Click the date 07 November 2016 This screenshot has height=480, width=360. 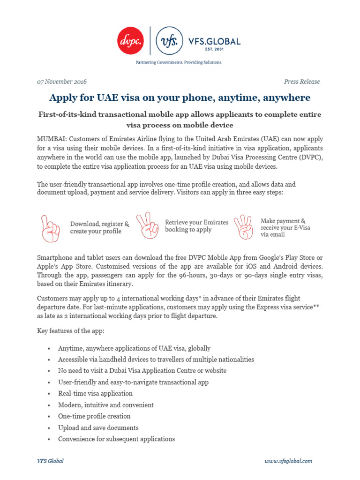61,82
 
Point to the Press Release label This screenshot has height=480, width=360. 302,82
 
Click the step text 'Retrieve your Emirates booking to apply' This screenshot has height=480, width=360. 196,226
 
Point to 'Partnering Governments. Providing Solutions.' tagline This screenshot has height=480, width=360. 179,62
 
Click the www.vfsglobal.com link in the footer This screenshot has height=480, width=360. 288,461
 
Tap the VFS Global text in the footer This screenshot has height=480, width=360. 50,461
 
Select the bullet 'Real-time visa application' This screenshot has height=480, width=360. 95,393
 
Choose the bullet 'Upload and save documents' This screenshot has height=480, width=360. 98,427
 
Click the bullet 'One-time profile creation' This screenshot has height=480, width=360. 94,416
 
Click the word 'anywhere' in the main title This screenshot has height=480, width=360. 286,97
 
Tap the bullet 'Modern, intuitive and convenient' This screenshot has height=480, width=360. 105,405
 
